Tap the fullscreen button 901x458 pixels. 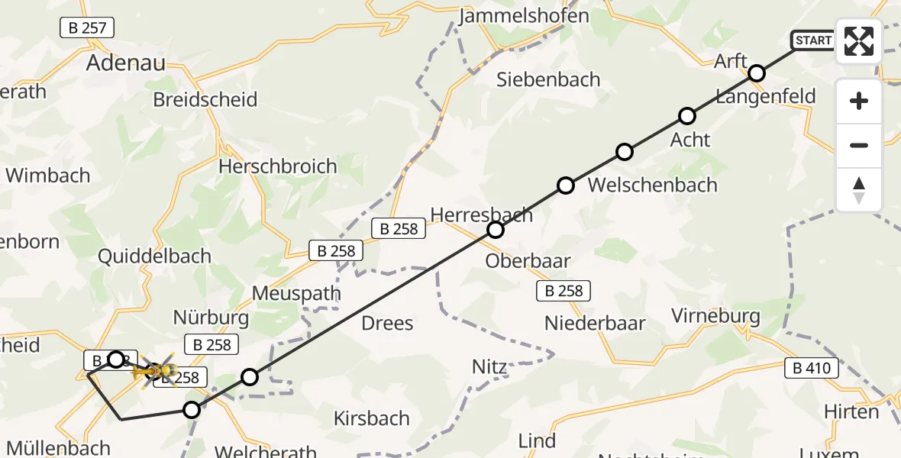coord(859,41)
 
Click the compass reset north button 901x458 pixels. coord(859,190)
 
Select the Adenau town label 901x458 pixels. coord(126,63)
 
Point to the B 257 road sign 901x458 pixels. coord(87,28)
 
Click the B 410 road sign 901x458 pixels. coord(812,369)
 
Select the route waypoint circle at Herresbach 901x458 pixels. coord(496,229)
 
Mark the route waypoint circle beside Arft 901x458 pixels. coord(756,73)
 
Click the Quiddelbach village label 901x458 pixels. coord(154,256)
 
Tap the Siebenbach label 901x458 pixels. coord(548,79)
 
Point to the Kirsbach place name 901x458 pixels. coord(372,418)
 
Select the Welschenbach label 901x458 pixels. coord(653,185)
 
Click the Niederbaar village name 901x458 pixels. coord(595,323)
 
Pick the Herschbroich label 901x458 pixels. coord(277,166)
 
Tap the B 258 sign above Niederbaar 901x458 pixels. coord(564,290)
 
